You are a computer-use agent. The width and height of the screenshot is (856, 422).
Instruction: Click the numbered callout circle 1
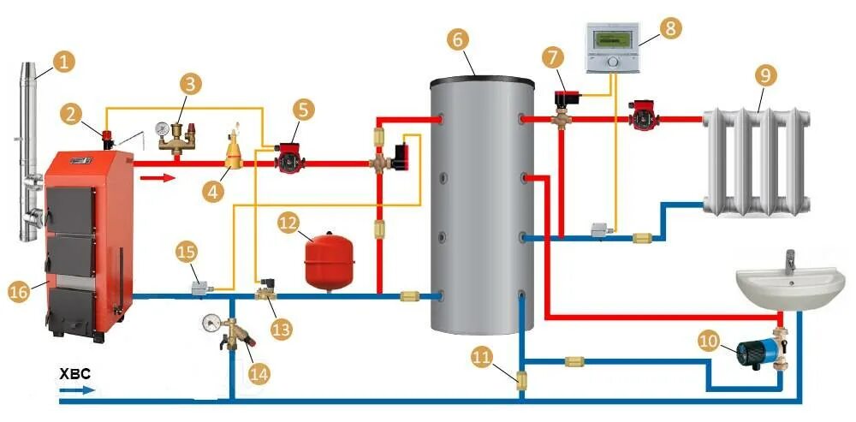click(x=63, y=61)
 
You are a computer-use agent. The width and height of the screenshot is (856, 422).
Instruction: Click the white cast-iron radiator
click(x=756, y=161)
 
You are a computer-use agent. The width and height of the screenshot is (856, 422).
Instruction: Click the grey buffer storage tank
click(x=480, y=205)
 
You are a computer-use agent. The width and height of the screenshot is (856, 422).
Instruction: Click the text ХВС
click(x=73, y=375)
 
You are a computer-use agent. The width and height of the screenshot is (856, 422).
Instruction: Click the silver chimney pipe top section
click(x=27, y=94)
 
